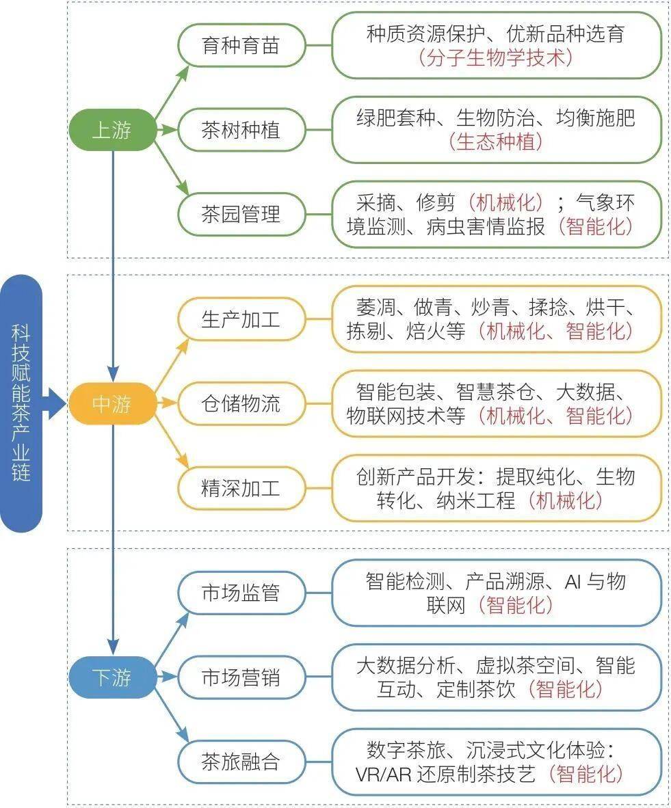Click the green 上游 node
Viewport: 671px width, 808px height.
pos(112,130)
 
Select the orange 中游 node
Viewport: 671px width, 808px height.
pos(112,404)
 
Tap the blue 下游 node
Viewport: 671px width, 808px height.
pos(112,677)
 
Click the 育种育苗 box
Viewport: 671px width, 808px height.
pos(241,46)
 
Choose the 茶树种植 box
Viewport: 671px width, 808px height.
pos(241,130)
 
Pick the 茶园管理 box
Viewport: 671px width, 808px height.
pos(241,214)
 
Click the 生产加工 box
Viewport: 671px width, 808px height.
pos(241,319)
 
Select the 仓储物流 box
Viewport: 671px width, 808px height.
pos(241,404)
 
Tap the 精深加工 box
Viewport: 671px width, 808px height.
pos(241,488)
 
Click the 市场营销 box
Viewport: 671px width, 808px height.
pos(241,677)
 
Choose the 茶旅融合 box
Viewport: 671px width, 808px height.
pos(241,762)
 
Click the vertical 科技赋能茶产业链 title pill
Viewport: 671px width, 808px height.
pos(21,403)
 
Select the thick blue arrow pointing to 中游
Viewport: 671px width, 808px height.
pos(54,404)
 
